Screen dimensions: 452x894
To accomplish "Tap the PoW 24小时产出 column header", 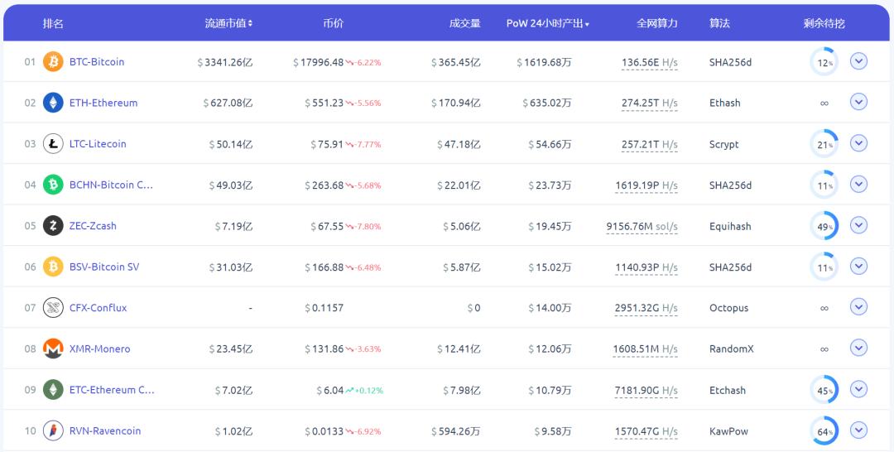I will point(547,23).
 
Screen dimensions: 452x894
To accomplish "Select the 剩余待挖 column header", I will point(824,23).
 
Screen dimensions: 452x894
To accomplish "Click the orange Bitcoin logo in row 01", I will point(53,62).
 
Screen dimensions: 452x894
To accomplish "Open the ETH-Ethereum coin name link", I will point(103,103).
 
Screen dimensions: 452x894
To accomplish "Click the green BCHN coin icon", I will point(53,185).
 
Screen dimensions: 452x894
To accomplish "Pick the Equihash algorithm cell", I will point(730,226).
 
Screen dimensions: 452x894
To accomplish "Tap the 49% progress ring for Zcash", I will point(824,226).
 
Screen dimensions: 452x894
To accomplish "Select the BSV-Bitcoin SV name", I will point(104,267).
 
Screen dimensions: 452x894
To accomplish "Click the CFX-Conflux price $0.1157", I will point(324,308).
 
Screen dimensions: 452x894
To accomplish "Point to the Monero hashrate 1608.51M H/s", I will point(645,349).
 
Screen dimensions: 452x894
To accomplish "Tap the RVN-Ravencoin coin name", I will point(105,430).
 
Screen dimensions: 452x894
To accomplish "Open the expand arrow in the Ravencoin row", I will point(858,430).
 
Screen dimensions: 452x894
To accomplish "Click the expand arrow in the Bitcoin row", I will point(858,61).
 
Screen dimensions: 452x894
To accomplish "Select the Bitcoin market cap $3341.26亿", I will point(225,62).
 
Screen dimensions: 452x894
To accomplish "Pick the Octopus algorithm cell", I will point(728,308).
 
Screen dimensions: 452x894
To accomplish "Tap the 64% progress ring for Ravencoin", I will point(824,430).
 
